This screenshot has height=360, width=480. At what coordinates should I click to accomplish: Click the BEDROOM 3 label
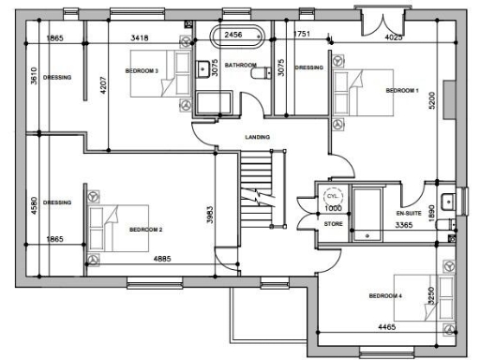142,70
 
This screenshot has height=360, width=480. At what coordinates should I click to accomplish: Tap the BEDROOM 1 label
402,90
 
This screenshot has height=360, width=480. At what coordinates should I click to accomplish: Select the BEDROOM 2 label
146,229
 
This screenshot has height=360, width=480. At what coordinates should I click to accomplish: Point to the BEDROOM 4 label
385,296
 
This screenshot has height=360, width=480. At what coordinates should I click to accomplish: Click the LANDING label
257,138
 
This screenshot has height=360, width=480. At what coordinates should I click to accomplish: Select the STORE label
333,224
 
